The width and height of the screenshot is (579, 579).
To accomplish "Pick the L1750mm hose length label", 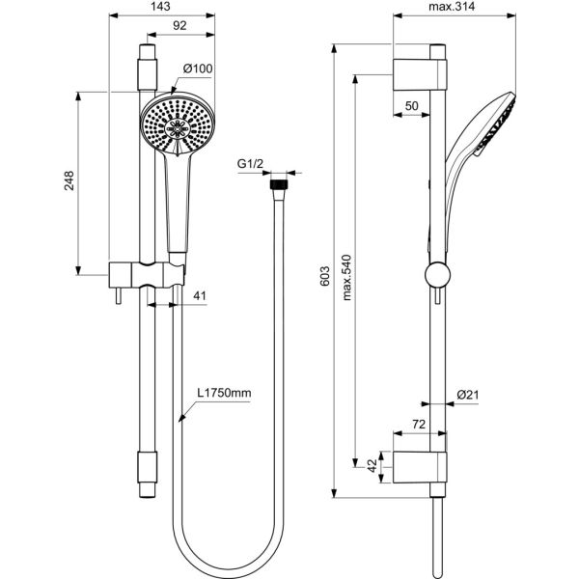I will click(224, 394).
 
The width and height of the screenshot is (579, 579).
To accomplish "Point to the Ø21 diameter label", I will click(468, 394).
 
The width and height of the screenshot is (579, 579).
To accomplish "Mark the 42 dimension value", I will click(372, 466).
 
